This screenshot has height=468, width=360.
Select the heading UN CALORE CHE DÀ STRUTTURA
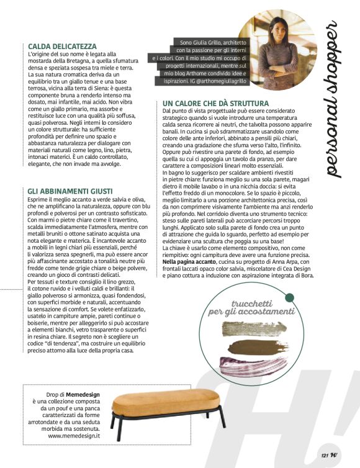pos(215,103)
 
